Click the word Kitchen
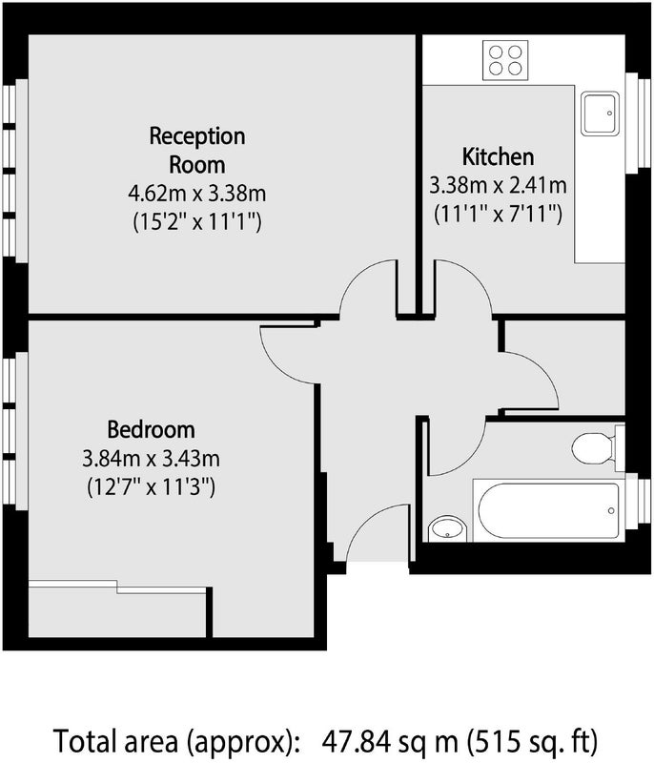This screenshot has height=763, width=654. [498, 156]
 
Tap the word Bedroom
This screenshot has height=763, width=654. [151, 430]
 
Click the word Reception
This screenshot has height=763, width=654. [197, 136]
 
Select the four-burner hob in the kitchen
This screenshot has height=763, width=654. [505, 60]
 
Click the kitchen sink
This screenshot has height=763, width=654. [601, 113]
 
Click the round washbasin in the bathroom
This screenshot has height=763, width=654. [448, 529]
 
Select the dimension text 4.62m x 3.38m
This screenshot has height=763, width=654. [197, 194]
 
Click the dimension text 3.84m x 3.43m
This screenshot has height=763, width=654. [151, 459]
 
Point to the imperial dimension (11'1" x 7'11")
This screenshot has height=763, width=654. [498, 214]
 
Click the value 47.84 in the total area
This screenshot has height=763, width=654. [357, 741]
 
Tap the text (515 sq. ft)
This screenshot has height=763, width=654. [532, 741]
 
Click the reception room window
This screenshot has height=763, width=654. [15, 171]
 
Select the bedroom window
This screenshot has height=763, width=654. [15, 431]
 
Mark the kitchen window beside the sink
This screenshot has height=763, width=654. [638, 123]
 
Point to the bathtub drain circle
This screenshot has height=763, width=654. [611, 510]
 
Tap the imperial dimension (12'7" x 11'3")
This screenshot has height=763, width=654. [151, 486]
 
